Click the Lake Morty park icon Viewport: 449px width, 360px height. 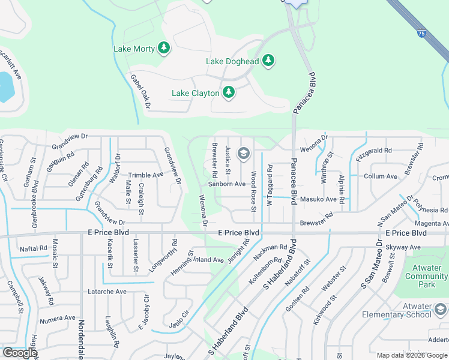click(x=164, y=48)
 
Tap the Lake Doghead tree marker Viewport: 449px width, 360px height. click(x=268, y=61)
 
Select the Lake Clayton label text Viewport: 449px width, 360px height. click(x=195, y=93)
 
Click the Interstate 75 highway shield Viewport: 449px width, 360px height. click(x=422, y=34)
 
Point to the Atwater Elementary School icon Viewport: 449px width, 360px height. click(x=440, y=309)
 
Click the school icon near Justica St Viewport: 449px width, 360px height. click(x=243, y=154)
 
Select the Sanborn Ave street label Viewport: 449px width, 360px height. click(x=227, y=184)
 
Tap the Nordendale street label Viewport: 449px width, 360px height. click(x=80, y=339)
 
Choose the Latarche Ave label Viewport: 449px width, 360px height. click(x=107, y=292)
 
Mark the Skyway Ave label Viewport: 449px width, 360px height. click(x=403, y=247)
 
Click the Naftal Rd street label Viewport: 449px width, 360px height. click(x=33, y=248)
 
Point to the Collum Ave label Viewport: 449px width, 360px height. click(x=381, y=176)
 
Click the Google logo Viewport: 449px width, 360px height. click(x=20, y=353)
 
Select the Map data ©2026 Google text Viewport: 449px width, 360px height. click(x=412, y=355)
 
